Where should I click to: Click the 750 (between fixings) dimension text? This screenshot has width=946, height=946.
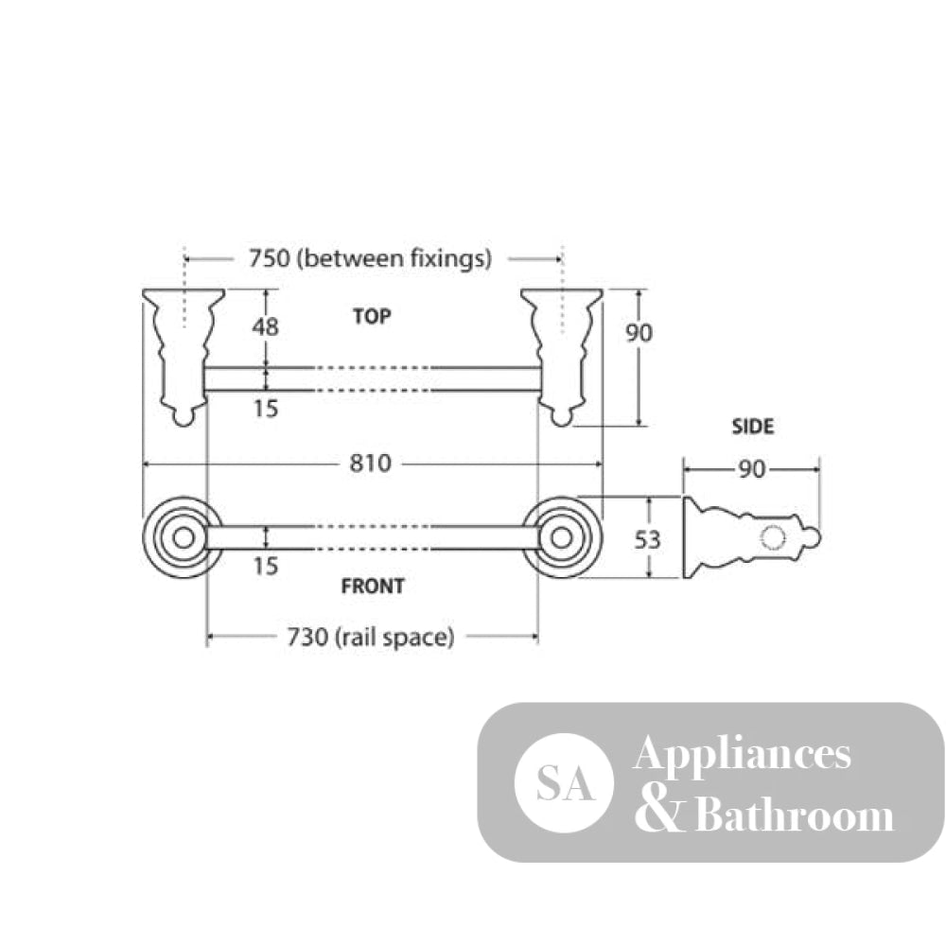click(371, 259)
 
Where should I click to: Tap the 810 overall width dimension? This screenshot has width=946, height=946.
click(371, 464)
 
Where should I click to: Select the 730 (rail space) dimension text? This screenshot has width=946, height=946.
click(371, 637)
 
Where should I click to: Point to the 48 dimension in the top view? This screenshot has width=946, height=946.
click(266, 327)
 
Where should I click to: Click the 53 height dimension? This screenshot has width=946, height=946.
click(647, 540)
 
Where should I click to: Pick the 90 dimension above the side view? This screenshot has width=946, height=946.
click(752, 469)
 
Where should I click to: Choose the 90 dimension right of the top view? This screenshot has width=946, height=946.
click(639, 332)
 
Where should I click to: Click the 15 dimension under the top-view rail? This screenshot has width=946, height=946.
click(266, 409)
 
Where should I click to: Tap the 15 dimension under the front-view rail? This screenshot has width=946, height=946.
click(266, 566)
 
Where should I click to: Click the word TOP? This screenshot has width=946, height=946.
click(372, 316)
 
